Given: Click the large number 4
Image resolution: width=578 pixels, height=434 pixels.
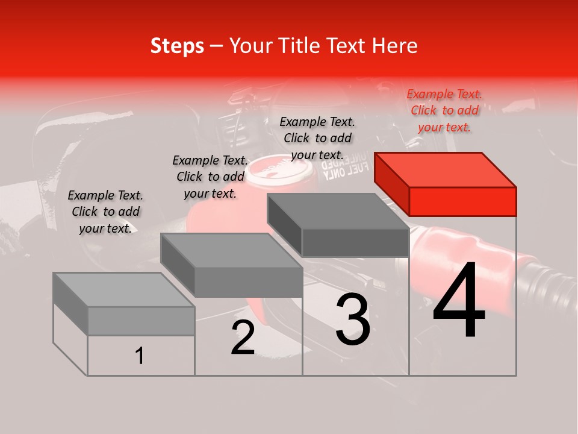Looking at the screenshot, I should point(459,301).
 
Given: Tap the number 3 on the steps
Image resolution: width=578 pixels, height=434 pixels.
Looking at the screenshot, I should point(352,319).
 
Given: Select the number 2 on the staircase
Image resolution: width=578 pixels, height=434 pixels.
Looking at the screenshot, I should point(243,338).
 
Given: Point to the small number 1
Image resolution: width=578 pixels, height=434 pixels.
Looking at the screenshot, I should point(139,356).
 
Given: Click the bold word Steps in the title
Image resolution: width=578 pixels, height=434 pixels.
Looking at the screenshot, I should point(177,46).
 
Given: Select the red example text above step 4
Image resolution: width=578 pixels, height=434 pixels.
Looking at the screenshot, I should point(444,110).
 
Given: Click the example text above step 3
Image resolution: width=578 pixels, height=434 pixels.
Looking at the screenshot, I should point(317,138).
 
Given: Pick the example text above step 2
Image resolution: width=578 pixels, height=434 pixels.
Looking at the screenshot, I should point(210,177).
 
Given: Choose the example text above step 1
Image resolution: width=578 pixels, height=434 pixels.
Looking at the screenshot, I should point(105,212).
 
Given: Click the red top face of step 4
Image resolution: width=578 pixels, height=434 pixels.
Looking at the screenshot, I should point(444,169).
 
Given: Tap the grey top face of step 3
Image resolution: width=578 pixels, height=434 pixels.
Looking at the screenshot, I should point(337,211).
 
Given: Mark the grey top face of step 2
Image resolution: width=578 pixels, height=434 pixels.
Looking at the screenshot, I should point(231,250).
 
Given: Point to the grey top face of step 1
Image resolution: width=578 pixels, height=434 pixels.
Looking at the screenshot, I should point(123,289).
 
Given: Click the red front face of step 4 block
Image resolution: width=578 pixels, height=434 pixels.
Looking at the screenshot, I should point(462,201).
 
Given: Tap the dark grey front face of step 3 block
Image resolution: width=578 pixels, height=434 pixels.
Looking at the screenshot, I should point(355,242).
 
